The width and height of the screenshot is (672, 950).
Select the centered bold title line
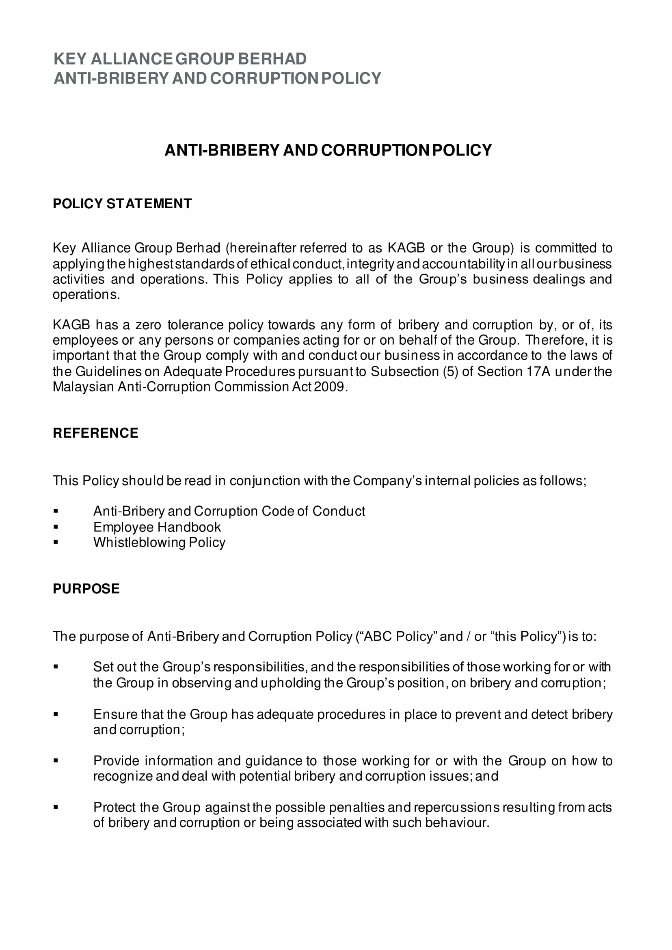[x=328, y=150]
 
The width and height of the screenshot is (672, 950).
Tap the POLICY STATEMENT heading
[x=122, y=203]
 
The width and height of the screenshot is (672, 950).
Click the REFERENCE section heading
[x=95, y=433]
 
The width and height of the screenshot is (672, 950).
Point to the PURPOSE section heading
[x=86, y=588]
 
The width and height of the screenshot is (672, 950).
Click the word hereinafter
[x=261, y=248]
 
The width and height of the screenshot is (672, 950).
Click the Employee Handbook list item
[x=157, y=527]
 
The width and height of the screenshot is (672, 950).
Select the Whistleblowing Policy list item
[x=159, y=542]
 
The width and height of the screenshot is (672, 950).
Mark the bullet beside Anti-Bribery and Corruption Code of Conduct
[x=56, y=512]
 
